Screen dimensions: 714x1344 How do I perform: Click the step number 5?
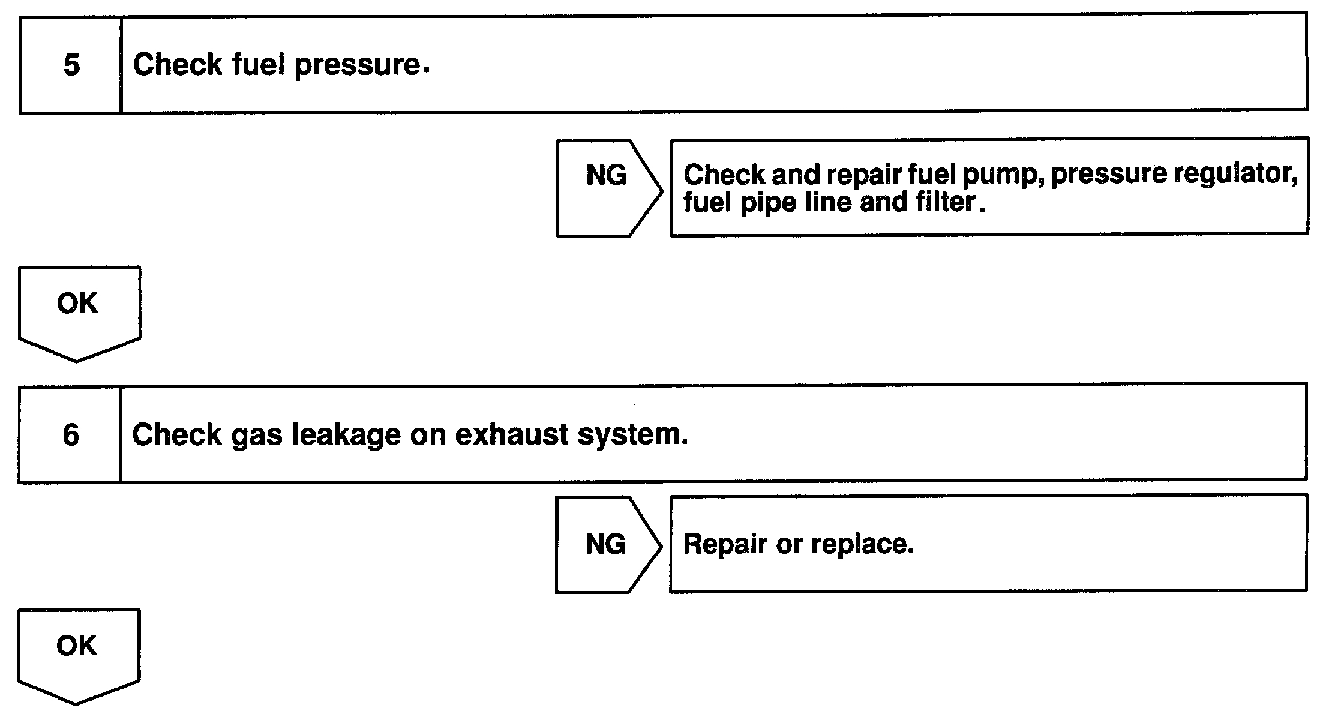click(71, 65)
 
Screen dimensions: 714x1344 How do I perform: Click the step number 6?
click(71, 435)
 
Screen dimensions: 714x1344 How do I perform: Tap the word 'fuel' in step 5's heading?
click(258, 64)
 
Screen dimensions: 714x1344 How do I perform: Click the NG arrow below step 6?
click(606, 545)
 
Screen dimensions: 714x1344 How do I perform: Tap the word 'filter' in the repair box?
click(945, 202)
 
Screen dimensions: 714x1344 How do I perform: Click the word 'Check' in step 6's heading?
click(176, 435)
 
